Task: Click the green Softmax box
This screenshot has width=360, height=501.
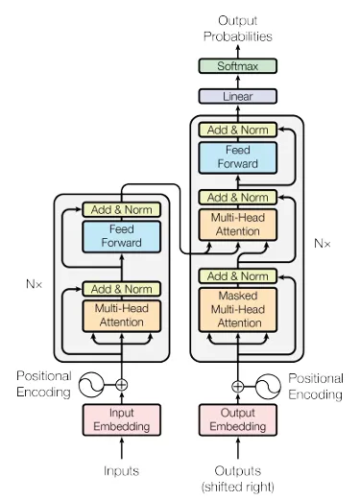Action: [237, 66]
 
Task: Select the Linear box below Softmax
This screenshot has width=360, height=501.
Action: [237, 97]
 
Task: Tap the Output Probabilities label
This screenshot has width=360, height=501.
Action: [237, 28]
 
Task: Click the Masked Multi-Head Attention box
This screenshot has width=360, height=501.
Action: [237, 309]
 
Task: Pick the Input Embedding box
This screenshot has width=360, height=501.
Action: [121, 419]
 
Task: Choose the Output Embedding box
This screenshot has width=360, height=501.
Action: [237, 419]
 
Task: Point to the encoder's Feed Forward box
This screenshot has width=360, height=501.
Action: [121, 236]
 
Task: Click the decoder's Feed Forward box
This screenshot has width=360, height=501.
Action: [237, 157]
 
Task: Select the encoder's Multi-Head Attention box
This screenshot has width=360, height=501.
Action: [121, 315]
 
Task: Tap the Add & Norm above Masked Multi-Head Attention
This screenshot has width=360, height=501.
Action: [237, 276]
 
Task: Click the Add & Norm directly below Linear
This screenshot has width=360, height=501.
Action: [237, 129]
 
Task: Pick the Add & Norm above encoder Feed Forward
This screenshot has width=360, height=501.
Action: [121, 209]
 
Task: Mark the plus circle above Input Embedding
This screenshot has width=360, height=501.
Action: [121, 385]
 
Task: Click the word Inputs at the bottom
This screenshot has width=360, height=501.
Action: [121, 470]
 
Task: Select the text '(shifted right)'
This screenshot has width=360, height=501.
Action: [237, 487]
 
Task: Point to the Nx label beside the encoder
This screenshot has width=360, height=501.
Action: [36, 284]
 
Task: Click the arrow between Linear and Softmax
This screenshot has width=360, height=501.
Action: [237, 82]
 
